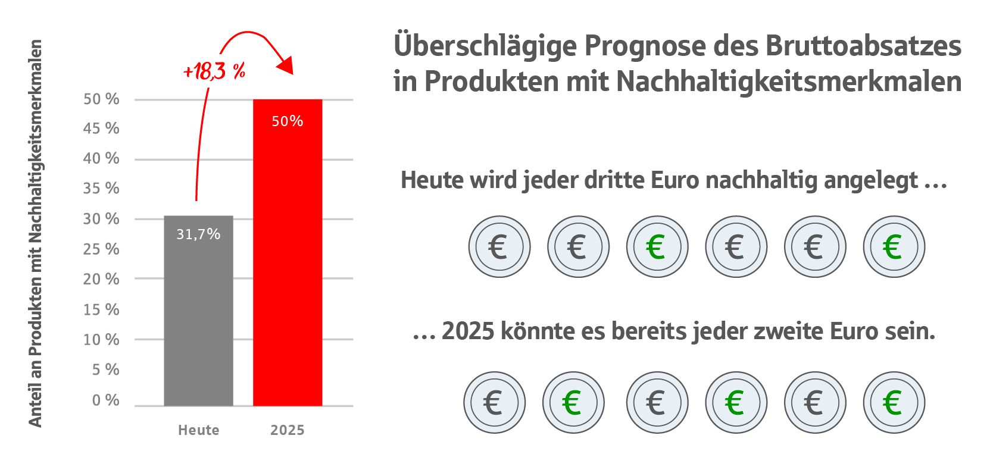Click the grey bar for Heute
(x=198, y=321)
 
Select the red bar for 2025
(x=288, y=268)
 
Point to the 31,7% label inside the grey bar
(x=198, y=234)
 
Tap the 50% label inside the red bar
(x=288, y=121)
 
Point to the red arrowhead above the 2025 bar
(x=286, y=64)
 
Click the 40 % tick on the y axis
(x=101, y=158)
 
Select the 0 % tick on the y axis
(x=105, y=400)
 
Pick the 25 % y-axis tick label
(x=101, y=249)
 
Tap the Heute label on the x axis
(x=198, y=430)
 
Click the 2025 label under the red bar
(x=288, y=430)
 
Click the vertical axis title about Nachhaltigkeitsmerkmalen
(x=36, y=233)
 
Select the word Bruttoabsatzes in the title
(x=863, y=46)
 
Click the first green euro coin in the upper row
(x=657, y=246)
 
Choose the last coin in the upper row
(x=894, y=246)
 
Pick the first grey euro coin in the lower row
(x=494, y=402)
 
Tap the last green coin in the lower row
(x=894, y=402)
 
